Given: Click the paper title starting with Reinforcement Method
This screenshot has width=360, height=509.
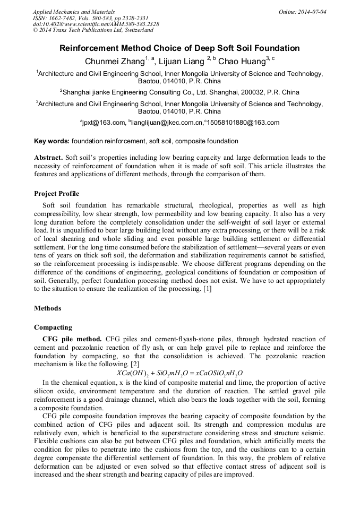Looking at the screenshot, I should pyautogui.click(x=179, y=48).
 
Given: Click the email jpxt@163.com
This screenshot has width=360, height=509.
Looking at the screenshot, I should pyautogui.click(x=104, y=123).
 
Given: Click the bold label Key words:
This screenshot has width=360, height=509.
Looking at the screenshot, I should pyautogui.click(x=52, y=141).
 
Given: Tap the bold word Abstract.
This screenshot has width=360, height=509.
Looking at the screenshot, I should pyautogui.click(x=48, y=158).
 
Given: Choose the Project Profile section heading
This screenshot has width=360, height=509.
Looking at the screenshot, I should pyautogui.click(x=56, y=193).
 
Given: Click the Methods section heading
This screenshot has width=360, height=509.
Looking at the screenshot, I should pyautogui.click(x=47, y=308).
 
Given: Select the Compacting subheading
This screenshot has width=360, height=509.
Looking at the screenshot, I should pyautogui.click(x=53, y=327).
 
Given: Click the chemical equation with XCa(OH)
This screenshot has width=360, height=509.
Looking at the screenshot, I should pyautogui.click(x=179, y=373).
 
